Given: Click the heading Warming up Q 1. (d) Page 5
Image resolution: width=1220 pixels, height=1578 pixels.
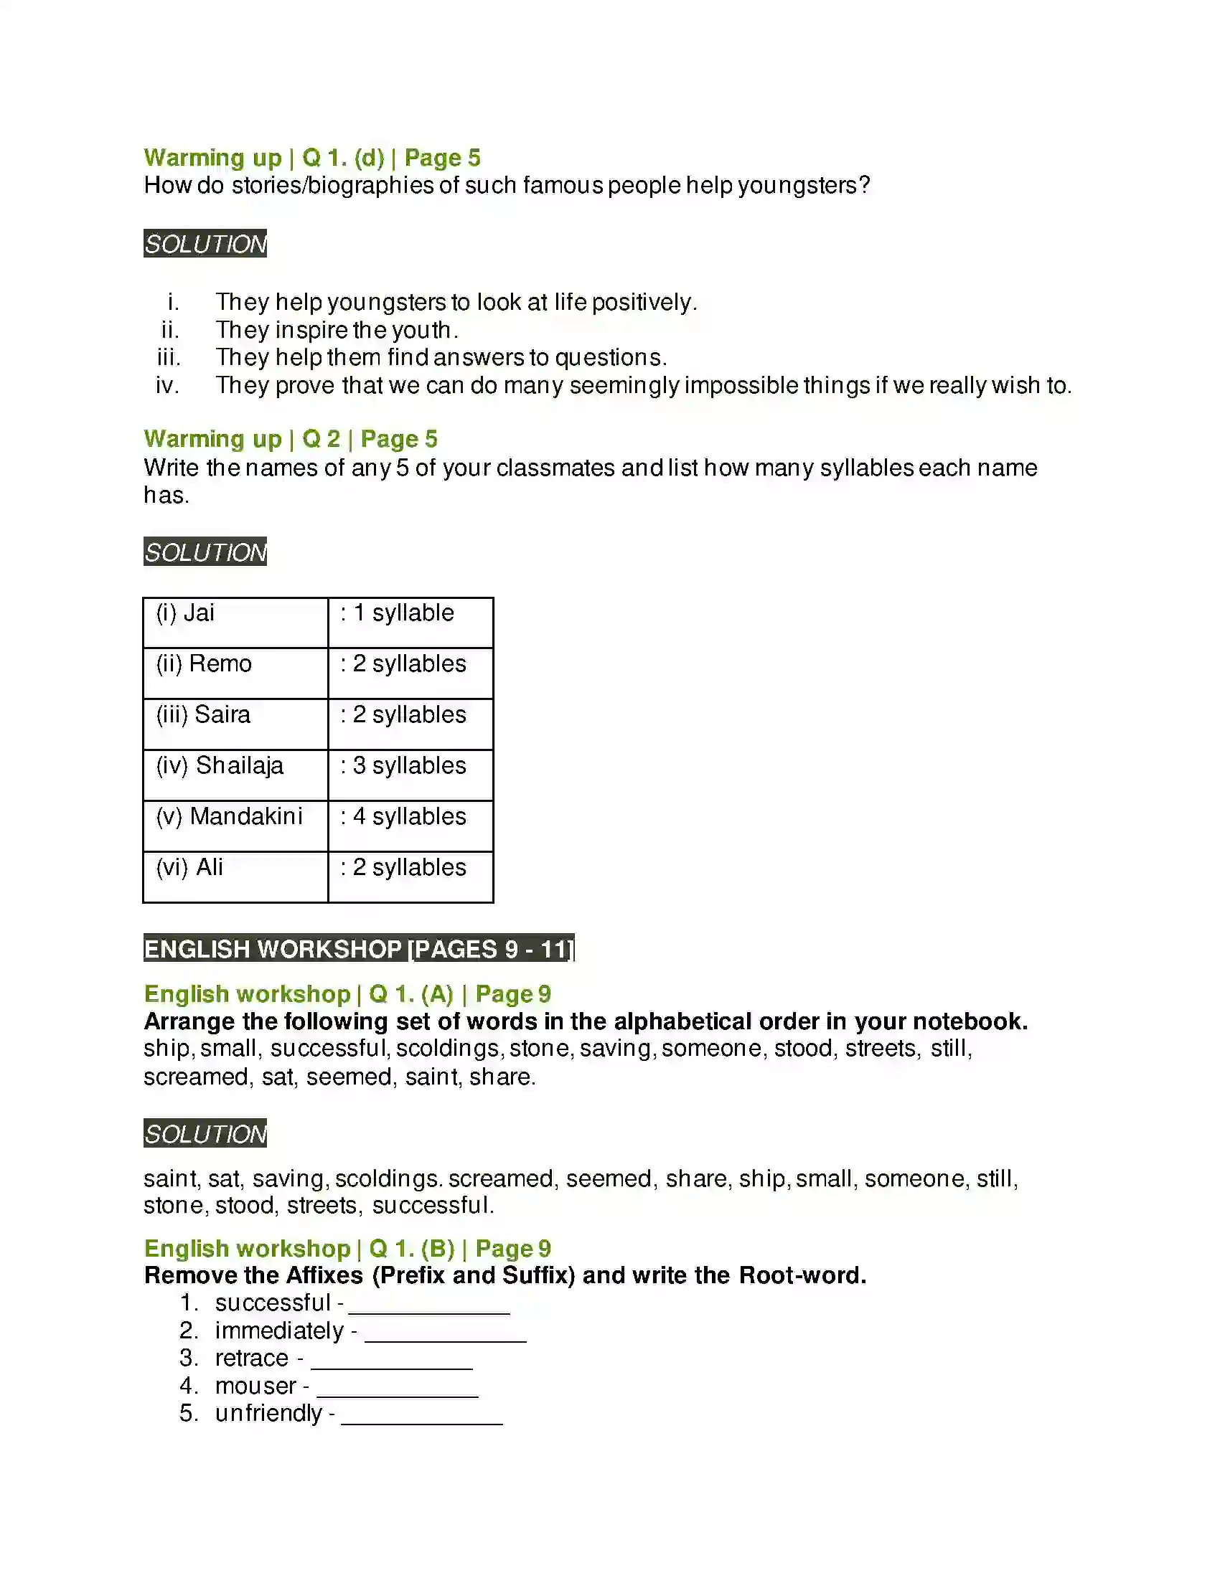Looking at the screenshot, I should coord(311,158).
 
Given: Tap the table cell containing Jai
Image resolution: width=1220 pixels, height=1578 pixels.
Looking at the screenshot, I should coord(235,622).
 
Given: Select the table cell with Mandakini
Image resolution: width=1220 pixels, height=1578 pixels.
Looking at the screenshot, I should coord(235,825).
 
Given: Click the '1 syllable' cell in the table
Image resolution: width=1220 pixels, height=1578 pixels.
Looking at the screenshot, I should coord(410,622).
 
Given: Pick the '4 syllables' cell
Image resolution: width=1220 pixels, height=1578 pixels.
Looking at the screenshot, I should coord(410,825).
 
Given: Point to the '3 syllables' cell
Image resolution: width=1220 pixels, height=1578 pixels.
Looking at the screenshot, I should coord(410,775).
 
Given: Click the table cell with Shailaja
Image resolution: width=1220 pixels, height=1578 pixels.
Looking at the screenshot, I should coord(235,775).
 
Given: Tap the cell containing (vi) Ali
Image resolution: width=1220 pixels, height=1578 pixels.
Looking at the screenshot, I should coord(235,877).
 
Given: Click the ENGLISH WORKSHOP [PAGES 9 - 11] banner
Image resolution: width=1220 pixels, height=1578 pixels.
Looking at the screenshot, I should coord(359,948).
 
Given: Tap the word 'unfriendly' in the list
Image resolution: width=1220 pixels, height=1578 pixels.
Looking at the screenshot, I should coord(268,1413).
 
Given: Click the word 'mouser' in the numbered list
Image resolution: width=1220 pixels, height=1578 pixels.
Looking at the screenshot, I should coord(255,1386).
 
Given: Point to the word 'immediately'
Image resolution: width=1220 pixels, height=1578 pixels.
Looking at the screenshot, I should coord(279,1330).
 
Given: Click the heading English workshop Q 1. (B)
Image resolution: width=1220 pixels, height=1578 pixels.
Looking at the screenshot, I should coord(347,1249).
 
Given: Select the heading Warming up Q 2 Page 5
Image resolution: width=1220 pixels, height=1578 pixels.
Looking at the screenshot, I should coord(290,438).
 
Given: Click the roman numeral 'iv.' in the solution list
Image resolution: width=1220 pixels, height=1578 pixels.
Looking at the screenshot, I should coord(167,385).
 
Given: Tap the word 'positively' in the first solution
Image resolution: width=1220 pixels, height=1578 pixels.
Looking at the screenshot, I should coord(643,302).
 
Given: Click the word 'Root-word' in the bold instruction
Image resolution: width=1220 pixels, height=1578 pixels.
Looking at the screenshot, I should coord(802,1275).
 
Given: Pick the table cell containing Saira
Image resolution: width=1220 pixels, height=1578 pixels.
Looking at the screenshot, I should coord(235,724).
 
